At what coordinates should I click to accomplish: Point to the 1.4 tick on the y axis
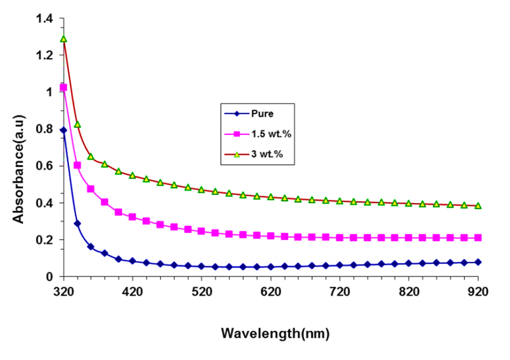44,19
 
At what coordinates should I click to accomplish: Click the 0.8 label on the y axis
44,130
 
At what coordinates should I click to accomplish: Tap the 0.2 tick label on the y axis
44,240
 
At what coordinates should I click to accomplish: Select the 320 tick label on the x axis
64,292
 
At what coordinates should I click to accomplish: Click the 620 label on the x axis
271,292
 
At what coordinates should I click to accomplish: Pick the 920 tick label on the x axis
478,292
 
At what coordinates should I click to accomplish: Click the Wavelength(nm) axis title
275,332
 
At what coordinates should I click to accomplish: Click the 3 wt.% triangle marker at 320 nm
64,39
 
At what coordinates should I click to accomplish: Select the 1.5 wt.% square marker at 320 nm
64,88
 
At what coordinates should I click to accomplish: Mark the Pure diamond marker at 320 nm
64,130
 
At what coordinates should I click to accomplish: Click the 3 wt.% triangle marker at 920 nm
478,205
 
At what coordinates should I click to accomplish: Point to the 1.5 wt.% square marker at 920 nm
478,238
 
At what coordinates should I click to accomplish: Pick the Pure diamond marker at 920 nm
478,262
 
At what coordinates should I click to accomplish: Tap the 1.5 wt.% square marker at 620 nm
271,236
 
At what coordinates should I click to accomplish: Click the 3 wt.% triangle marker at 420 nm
133,175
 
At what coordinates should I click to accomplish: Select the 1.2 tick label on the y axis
44,56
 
